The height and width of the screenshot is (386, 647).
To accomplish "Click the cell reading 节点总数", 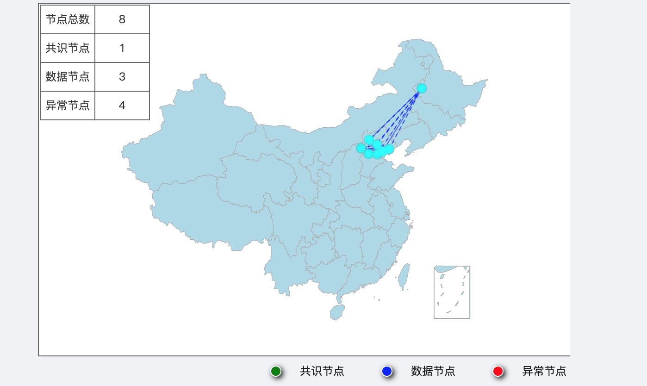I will [68, 19].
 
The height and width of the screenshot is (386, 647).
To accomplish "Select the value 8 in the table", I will [122, 19].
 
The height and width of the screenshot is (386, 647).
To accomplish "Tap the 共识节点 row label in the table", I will [68, 48].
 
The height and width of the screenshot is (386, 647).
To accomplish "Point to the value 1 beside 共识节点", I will [122, 48].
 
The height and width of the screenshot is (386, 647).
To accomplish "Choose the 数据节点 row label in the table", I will [68, 77].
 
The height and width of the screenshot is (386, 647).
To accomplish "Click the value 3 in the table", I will [122, 77].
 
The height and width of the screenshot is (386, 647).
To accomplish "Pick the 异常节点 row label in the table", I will [68, 106].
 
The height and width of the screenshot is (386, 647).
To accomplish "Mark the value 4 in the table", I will [122, 106].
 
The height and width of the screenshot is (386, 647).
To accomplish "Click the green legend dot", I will [276, 371].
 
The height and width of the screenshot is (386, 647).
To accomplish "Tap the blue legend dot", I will [387, 371].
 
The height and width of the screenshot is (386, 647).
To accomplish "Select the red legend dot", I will [498, 371].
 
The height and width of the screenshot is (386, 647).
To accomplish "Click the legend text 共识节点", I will [322, 371].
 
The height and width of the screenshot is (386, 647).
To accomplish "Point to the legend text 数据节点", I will [433, 371].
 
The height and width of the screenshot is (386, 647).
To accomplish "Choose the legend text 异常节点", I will [544, 371].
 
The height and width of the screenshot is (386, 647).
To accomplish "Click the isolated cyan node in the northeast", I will [422, 88].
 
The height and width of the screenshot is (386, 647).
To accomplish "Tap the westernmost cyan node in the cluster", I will [361, 148].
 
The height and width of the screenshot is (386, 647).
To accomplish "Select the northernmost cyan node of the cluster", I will [369, 139].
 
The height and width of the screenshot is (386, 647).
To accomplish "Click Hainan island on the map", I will [337, 312].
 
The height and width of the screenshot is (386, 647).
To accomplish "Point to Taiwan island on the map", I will [404, 276].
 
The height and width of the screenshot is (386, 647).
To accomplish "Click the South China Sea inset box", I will [452, 292].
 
